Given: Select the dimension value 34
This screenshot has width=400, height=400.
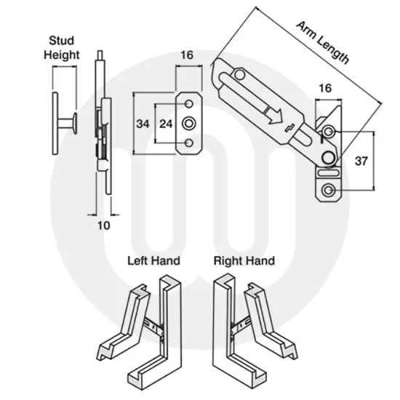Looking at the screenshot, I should [x=143, y=124].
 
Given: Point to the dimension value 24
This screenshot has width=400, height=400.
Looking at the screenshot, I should [x=166, y=124].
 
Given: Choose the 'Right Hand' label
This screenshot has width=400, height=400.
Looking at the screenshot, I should [x=244, y=260].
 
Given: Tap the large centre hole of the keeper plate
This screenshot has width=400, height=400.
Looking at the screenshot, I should [x=189, y=123].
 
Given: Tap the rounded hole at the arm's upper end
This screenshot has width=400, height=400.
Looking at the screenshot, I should [x=238, y=73].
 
